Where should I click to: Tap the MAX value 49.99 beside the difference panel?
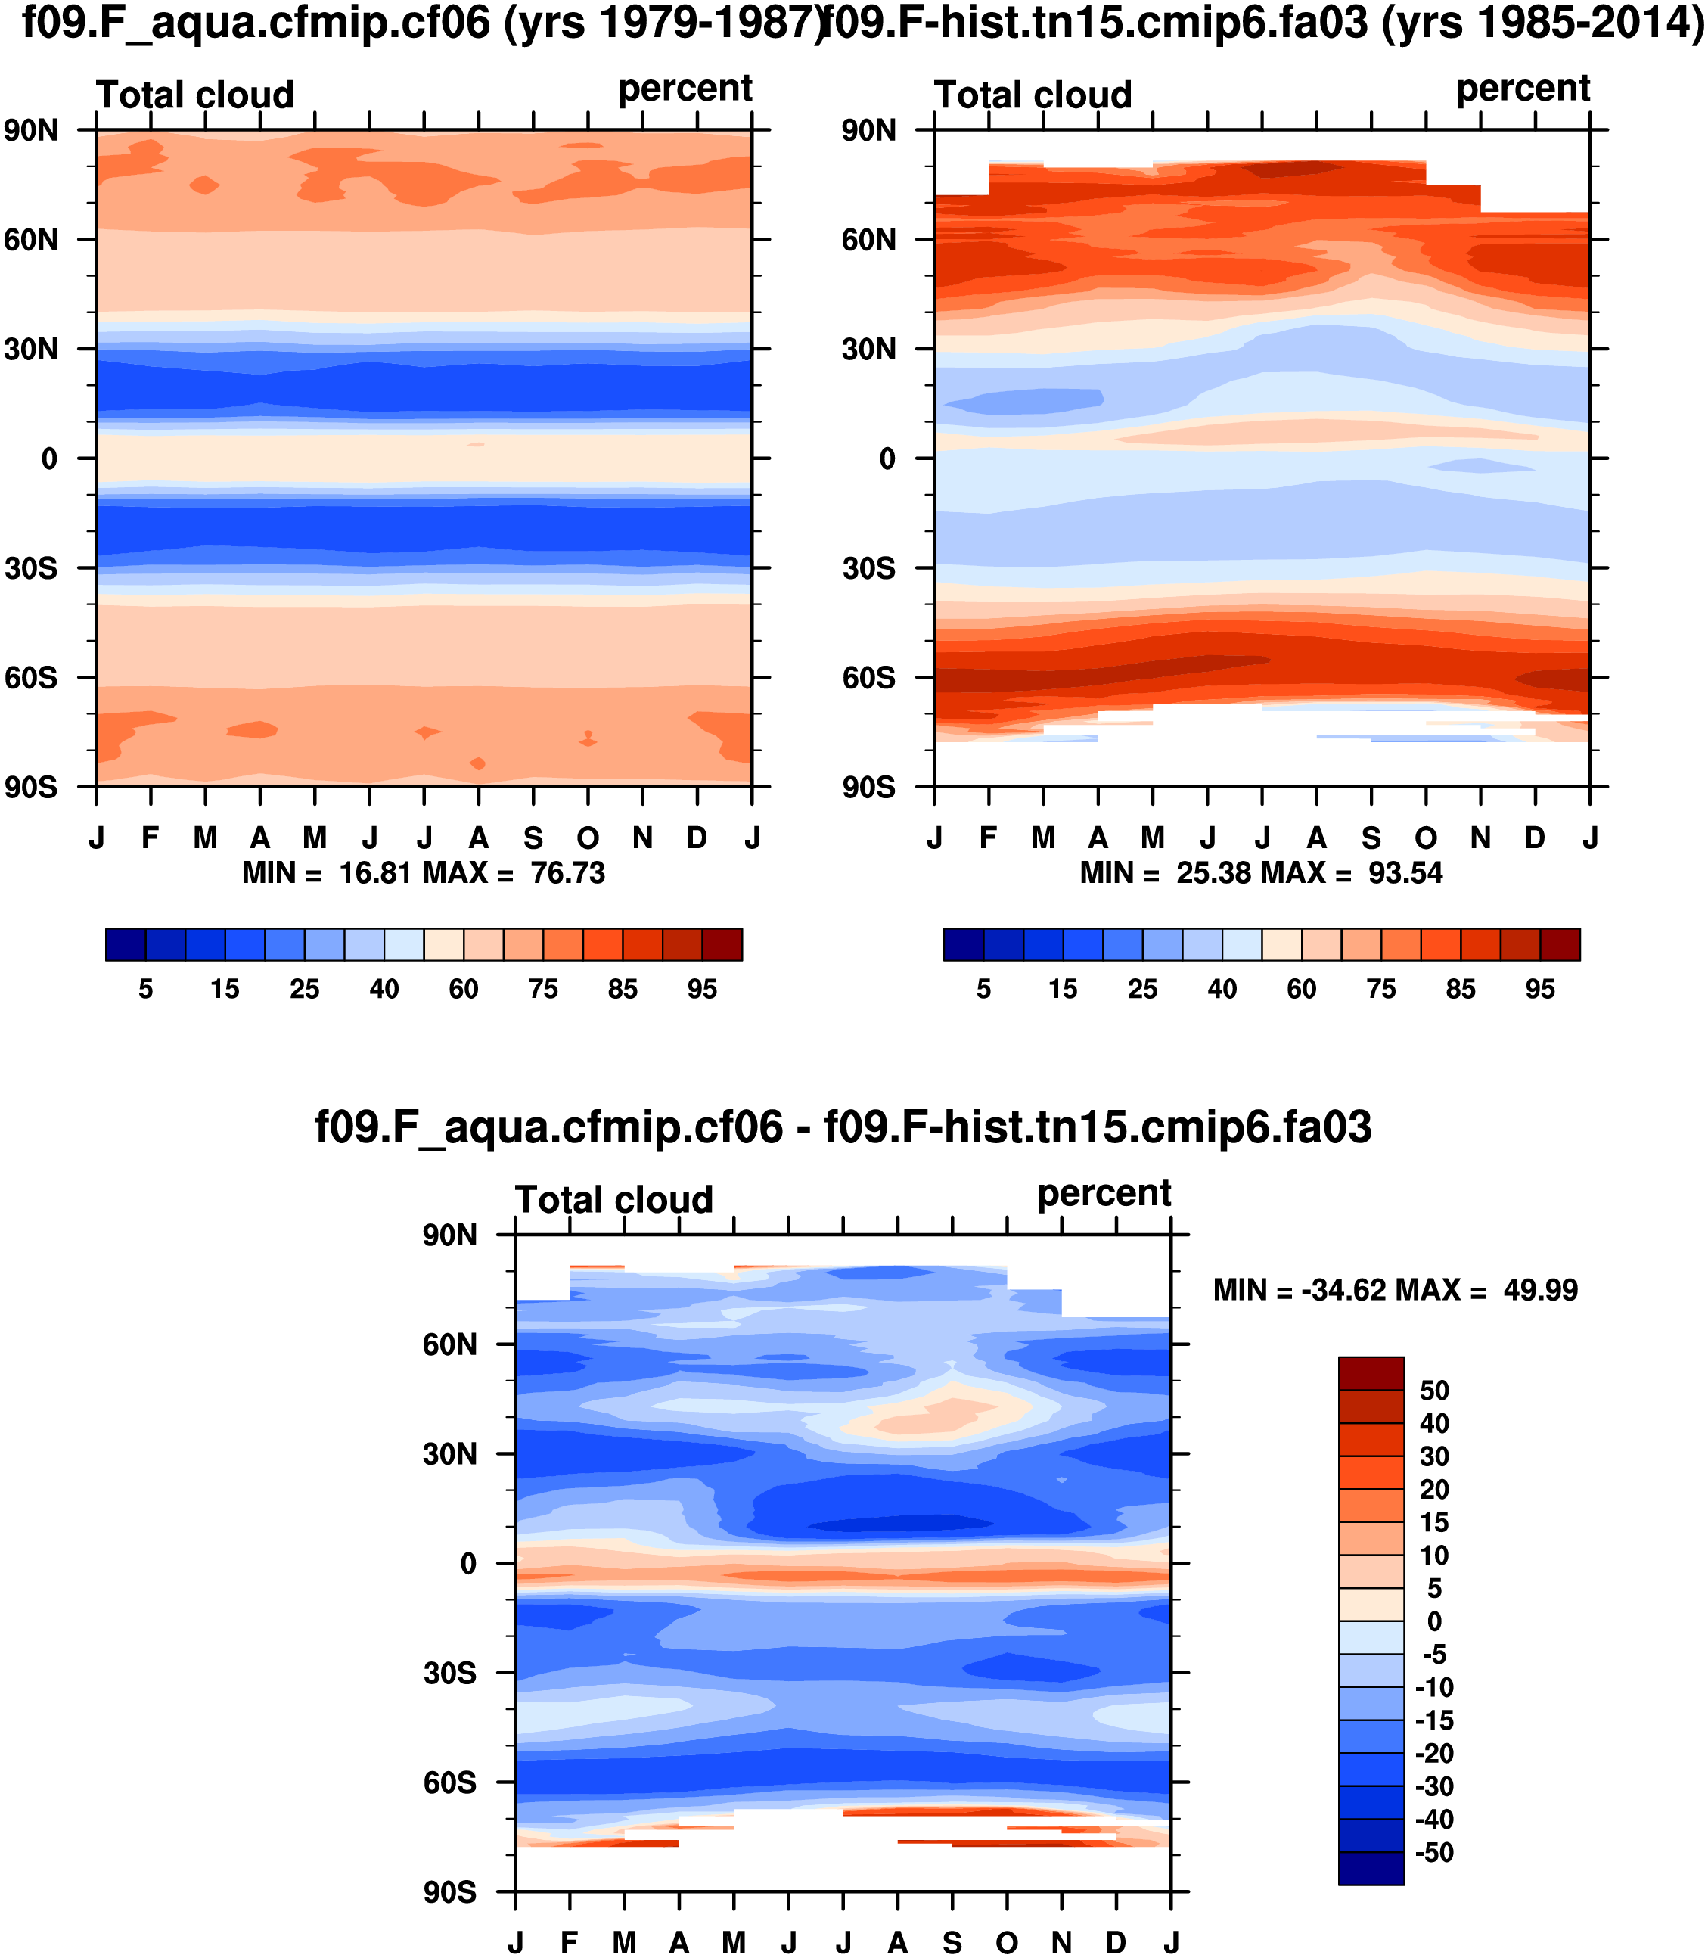1540,1291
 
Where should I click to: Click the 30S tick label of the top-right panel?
868,569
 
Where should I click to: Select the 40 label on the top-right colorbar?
1222,990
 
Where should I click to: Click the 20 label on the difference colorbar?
1434,1490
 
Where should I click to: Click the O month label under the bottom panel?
1007,1943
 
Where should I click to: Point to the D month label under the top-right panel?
1535,839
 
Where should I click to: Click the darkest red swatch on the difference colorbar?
1371,1374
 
